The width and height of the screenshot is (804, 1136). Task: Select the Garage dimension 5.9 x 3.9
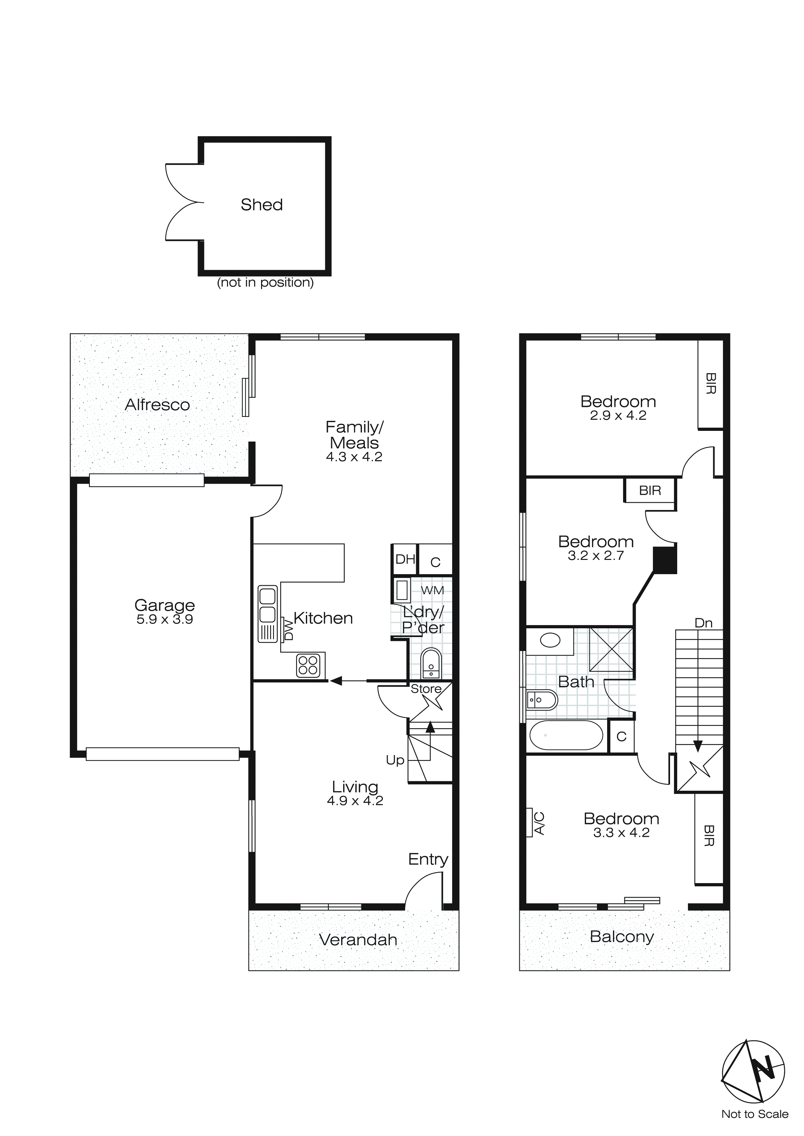(x=164, y=620)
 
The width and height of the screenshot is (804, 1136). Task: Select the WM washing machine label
(x=432, y=590)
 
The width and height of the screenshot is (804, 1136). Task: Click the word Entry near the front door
(x=428, y=859)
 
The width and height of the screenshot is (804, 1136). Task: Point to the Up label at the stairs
(x=395, y=761)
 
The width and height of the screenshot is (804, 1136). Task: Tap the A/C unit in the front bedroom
(x=536, y=823)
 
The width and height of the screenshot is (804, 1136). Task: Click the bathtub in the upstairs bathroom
(x=566, y=735)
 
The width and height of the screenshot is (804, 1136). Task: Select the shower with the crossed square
(x=611, y=649)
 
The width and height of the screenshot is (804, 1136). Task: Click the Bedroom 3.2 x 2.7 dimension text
(x=595, y=556)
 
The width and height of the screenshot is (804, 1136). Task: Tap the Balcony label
(x=621, y=937)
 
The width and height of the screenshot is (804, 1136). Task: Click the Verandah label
(x=358, y=940)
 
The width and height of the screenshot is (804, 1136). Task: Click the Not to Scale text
(x=754, y=1114)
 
